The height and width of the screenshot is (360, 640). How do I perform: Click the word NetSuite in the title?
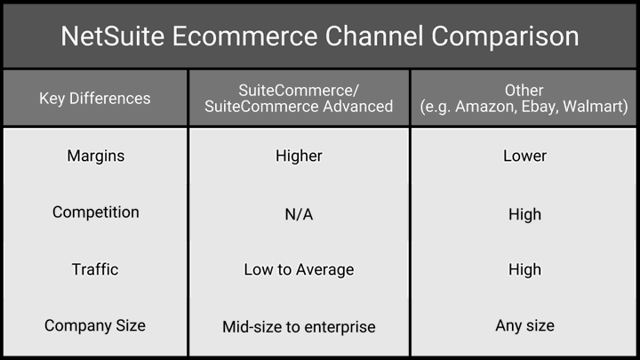[x=113, y=36]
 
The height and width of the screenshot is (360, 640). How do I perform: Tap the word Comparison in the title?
[x=505, y=36]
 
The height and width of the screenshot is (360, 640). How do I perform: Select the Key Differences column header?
[x=95, y=99]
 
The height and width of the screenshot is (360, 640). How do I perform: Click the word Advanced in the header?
[x=357, y=107]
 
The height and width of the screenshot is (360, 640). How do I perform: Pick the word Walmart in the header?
[x=595, y=107]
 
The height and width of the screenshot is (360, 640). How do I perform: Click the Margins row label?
[x=95, y=156]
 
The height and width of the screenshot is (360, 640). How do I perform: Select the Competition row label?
[x=95, y=212]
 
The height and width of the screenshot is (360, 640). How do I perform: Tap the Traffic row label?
[x=95, y=269]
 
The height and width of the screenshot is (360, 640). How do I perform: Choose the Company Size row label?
[x=95, y=325]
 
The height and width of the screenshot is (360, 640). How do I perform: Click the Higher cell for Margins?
[x=299, y=156]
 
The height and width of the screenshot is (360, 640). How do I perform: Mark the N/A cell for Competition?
[x=299, y=214]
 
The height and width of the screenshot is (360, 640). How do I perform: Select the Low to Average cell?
[x=299, y=270]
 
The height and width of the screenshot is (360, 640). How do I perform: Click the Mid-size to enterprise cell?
[x=299, y=327]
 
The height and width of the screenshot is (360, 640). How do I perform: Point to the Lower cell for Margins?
[x=524, y=156]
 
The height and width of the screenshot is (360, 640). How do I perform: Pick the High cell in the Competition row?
[x=524, y=214]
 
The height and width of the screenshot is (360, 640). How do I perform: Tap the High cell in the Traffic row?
[x=524, y=270]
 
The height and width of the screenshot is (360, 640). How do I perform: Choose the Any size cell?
[x=524, y=325]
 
